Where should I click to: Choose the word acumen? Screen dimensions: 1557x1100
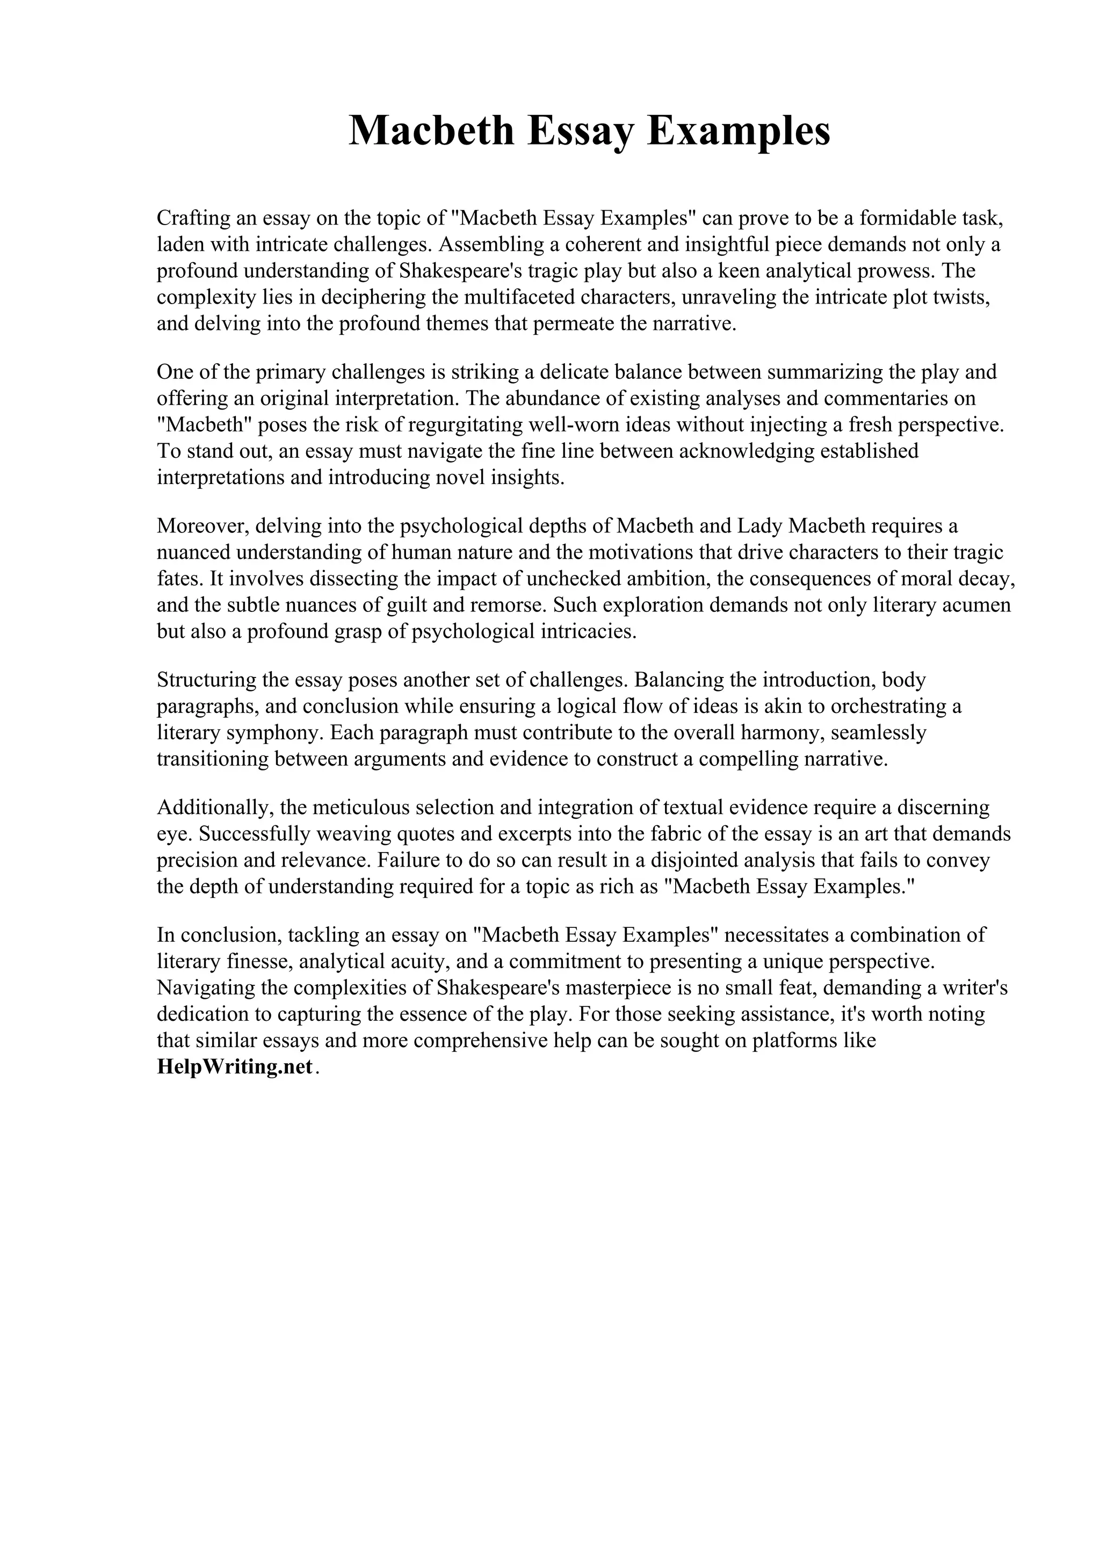click(976, 605)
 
